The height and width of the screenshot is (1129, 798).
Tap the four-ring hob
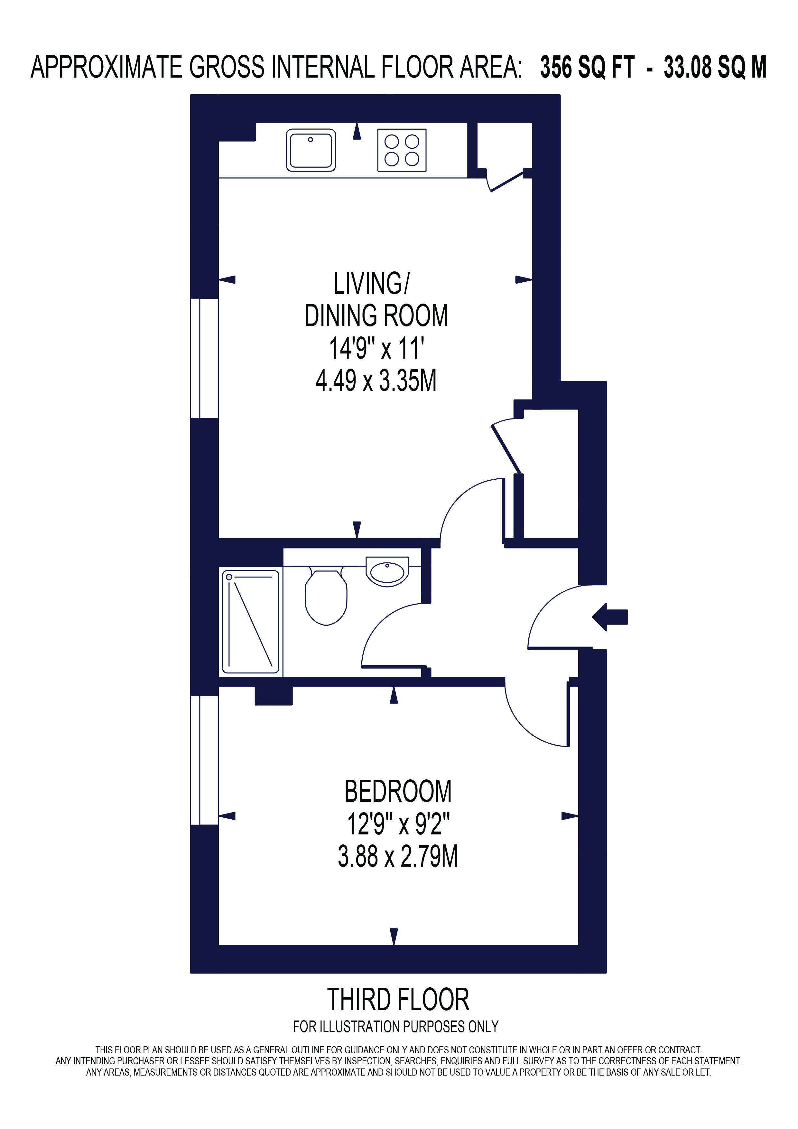[x=402, y=150]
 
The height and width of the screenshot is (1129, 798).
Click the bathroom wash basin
[x=387, y=571]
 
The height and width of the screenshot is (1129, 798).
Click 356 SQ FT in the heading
[x=587, y=67]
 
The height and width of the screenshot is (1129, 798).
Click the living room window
[x=204, y=358]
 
